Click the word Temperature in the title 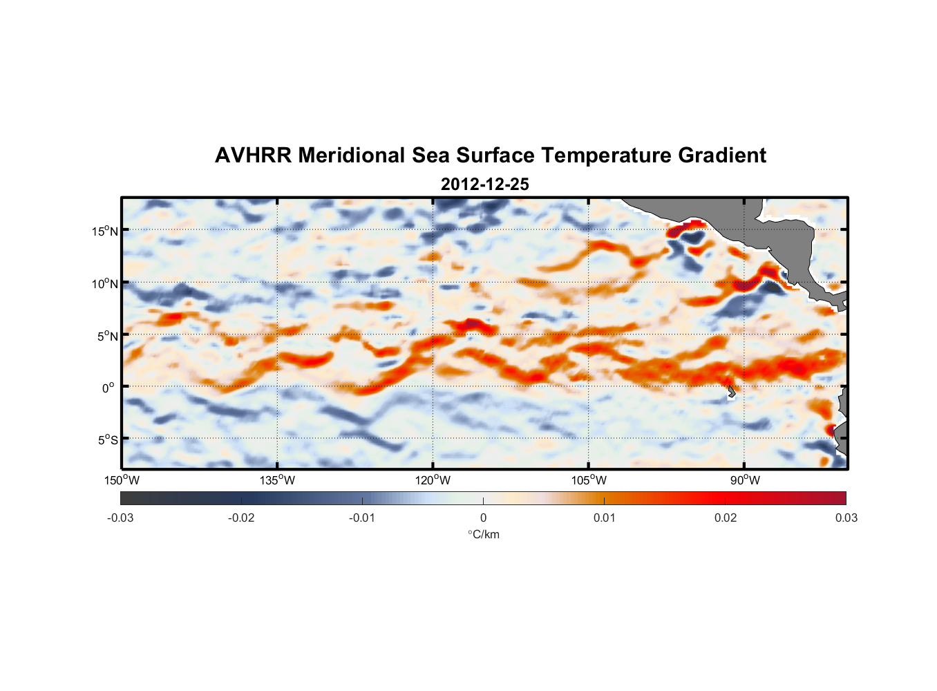point(607,155)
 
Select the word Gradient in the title point(722,155)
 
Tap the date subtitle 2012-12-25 point(485,184)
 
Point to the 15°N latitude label point(105,231)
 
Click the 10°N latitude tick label point(105,283)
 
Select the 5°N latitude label point(108,336)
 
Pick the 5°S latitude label point(108,440)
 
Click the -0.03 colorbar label point(120,518)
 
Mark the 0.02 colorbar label point(726,518)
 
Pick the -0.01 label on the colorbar point(362,518)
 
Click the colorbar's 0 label point(483,518)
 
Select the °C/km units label point(483,534)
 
